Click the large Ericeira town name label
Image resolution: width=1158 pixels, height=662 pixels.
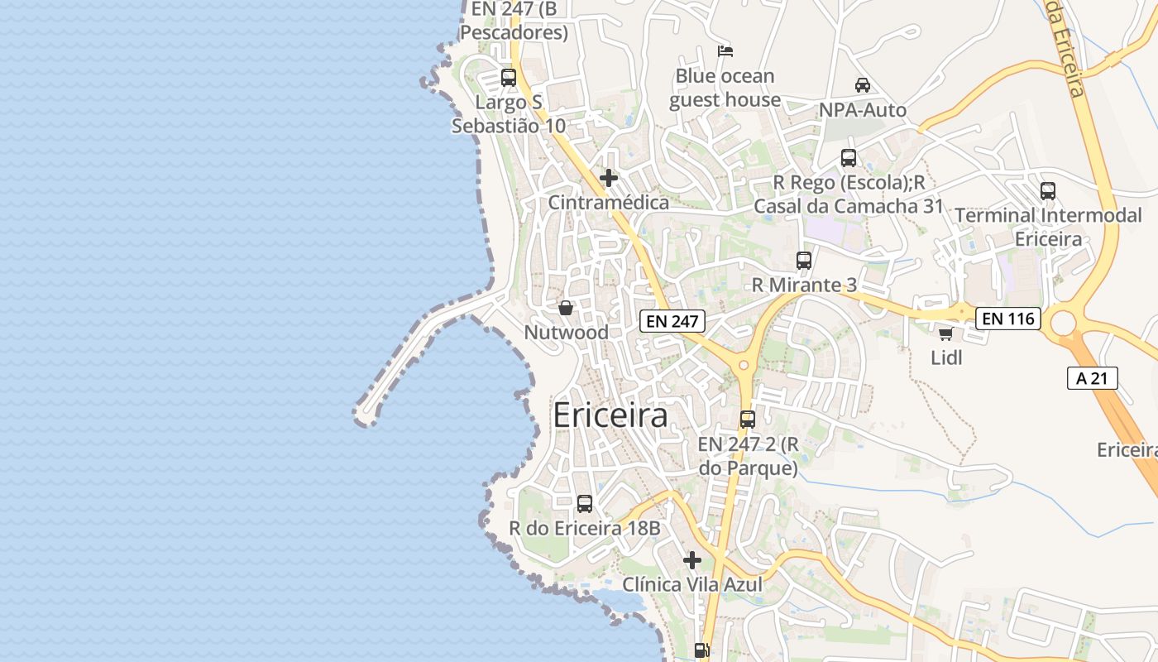coord(610,415)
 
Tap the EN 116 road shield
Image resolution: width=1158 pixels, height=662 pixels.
coord(1007,318)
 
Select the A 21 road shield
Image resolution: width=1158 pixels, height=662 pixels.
coord(1092,379)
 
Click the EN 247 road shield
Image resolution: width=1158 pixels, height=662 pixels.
coord(672,321)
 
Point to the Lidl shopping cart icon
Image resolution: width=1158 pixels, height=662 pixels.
coord(945,333)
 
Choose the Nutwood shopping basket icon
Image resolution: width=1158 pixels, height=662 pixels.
coord(566,308)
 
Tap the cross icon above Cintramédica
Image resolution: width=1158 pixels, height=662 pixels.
coord(609,178)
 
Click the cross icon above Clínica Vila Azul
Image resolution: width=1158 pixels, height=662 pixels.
coord(692,560)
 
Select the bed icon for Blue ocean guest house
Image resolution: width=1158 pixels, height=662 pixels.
coord(725,51)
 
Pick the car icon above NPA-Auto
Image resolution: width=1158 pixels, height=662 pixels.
coord(862,84)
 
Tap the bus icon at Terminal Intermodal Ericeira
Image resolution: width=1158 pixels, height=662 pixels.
coord(1048,190)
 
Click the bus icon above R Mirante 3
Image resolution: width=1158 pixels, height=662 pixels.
coord(803,260)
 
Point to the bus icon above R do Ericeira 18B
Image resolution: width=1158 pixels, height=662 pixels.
coord(584,503)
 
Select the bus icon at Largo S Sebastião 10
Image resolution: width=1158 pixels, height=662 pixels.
coord(509,78)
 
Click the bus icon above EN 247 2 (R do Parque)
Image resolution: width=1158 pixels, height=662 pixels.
coord(748,419)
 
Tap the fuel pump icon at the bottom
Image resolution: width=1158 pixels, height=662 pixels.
coord(701,650)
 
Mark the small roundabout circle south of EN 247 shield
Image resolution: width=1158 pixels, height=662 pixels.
coord(744,364)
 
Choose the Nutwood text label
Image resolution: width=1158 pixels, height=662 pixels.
coord(566,333)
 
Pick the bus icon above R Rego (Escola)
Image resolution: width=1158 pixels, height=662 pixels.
coord(848,157)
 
